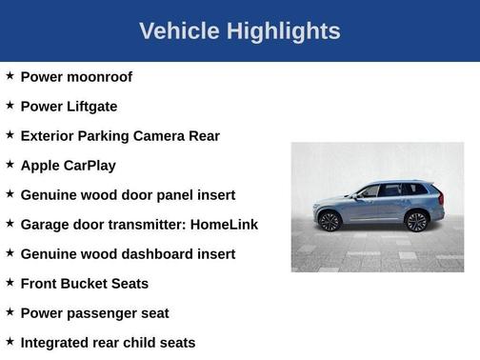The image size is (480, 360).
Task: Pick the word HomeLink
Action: pos(224,225)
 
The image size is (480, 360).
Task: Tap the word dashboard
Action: pos(157,254)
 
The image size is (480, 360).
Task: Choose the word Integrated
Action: pos(57,343)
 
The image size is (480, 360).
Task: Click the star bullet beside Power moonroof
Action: pos(10,76)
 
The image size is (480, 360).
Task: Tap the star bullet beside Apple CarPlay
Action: pos(10,165)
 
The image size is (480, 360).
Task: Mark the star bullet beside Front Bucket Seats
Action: pos(10,283)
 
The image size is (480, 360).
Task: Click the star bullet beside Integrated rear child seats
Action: pos(10,342)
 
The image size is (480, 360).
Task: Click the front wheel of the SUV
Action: pos(330,222)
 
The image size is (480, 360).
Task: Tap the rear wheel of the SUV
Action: pos(415,222)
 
